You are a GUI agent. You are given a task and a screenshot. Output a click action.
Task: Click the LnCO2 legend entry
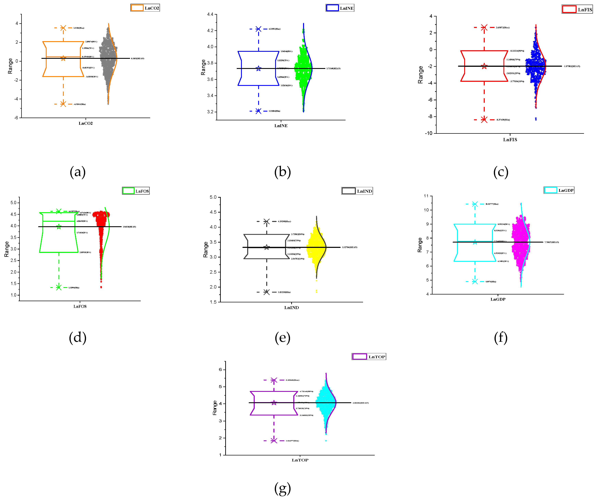[x=145, y=8]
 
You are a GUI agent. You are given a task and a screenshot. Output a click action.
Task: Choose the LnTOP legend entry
[x=369, y=357]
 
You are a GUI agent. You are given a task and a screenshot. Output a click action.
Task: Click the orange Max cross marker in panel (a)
[x=63, y=28]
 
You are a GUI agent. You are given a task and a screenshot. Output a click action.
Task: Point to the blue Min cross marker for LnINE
[x=258, y=111]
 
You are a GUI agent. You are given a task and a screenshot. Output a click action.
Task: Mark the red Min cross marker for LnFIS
[x=484, y=119]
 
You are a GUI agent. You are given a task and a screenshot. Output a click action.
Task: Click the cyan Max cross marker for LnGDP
[x=475, y=204]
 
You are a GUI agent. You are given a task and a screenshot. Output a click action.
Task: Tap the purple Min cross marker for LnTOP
[x=274, y=441]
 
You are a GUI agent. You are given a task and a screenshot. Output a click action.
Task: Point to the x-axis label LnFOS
[x=80, y=306]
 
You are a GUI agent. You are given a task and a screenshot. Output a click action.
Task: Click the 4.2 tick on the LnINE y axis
[x=210, y=30]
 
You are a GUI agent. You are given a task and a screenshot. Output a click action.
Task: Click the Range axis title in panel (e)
[x=206, y=250]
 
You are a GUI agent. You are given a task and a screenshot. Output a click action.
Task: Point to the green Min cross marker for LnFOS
[x=59, y=287]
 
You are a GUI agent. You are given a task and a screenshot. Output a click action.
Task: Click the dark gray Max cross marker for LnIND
[x=267, y=221]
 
